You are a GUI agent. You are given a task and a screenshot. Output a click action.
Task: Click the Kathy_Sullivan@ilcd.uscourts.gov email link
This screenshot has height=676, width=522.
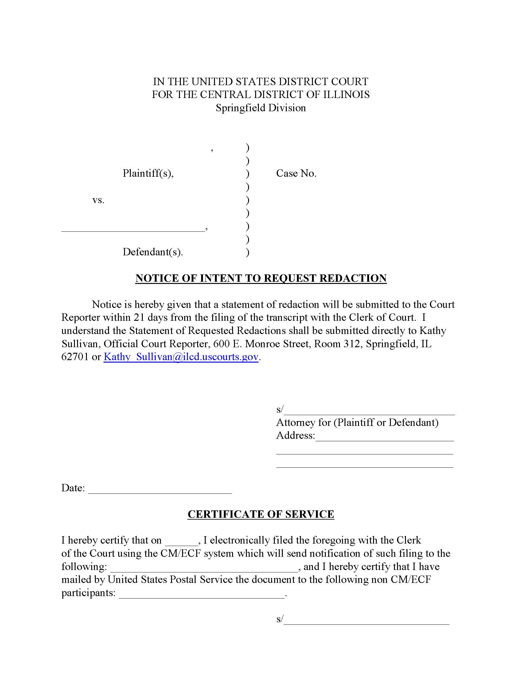pos(181,357)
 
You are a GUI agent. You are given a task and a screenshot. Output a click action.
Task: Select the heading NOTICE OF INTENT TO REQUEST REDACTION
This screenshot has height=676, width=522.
pos(261,278)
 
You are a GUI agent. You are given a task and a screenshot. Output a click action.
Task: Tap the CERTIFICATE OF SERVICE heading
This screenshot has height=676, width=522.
pos(261,514)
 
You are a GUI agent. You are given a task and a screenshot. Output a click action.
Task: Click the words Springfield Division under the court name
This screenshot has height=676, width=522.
pos(261,108)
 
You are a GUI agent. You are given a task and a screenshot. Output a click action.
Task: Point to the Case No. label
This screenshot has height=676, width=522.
pos(296,173)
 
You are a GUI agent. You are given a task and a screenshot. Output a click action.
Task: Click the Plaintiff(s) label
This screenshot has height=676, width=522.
pos(148,173)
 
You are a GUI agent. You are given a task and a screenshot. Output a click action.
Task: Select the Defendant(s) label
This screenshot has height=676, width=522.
pos(153,252)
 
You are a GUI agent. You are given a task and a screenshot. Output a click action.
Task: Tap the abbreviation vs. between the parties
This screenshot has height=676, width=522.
pos(98,200)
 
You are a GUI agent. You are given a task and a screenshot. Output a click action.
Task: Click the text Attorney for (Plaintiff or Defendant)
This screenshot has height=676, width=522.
pos(357,422)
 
